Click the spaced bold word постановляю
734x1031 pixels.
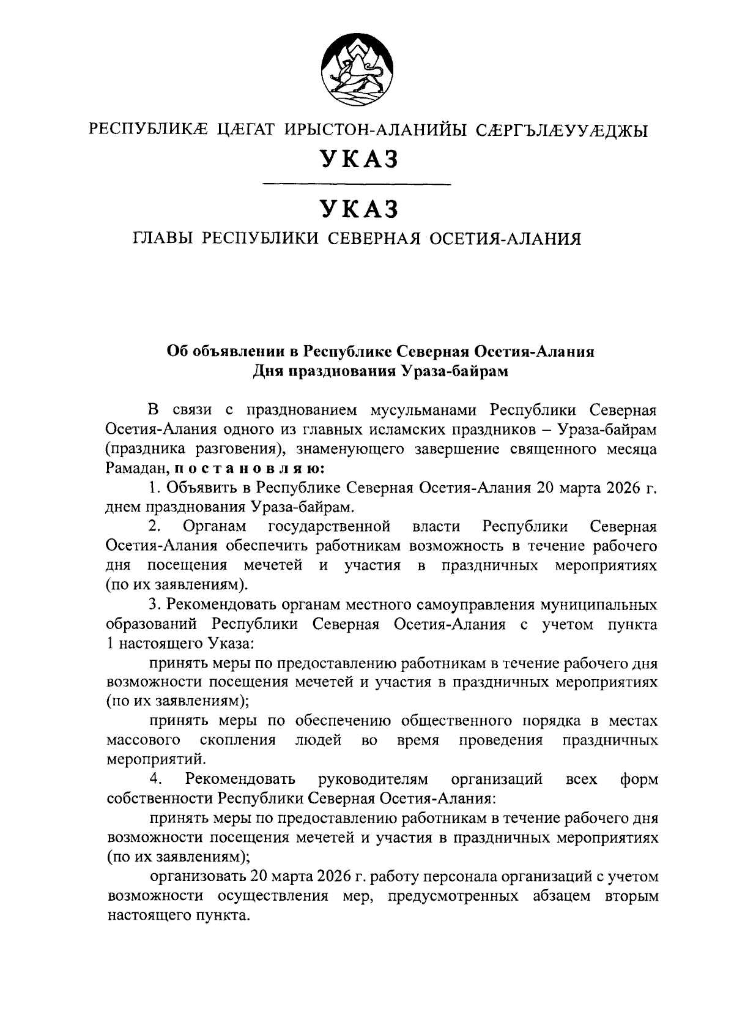coord(253,469)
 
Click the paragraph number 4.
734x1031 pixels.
coord(155,780)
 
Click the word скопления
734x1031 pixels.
coord(237,740)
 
